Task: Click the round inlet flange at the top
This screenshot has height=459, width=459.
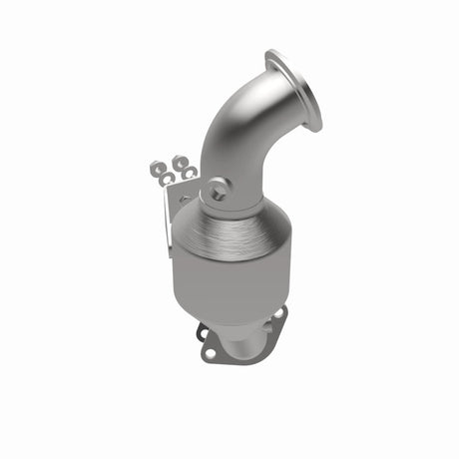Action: tap(294, 89)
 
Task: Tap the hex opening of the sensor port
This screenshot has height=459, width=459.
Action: tap(216, 187)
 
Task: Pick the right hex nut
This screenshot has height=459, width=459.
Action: tap(180, 161)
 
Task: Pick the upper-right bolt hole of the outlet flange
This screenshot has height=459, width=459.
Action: tap(278, 317)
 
